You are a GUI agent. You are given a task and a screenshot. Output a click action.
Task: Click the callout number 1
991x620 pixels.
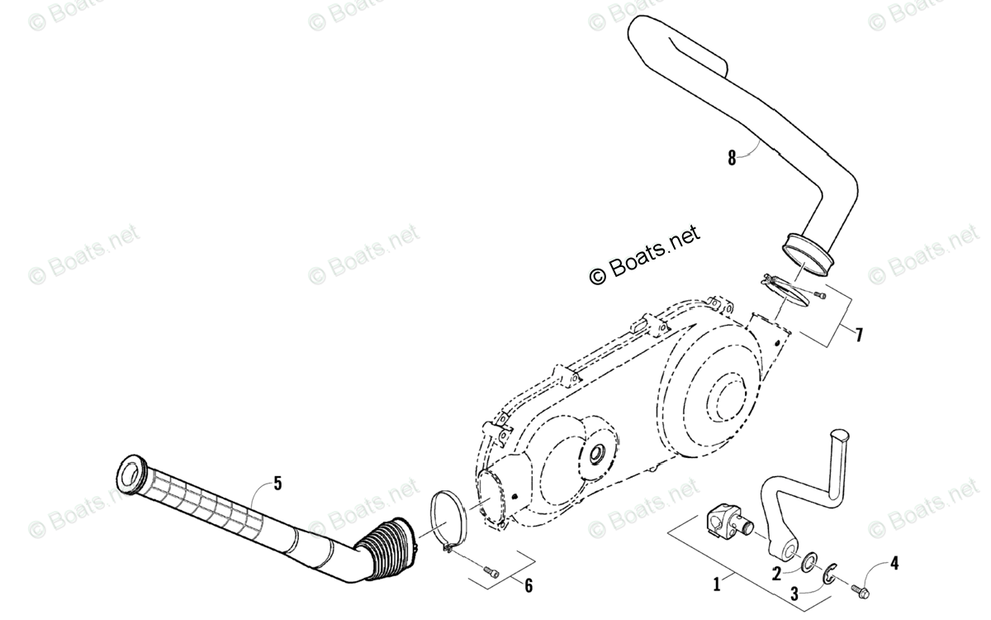(x=716, y=584)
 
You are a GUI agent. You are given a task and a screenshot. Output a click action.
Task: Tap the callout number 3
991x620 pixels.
(x=794, y=593)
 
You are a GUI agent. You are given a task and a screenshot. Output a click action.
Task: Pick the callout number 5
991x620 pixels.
(x=277, y=484)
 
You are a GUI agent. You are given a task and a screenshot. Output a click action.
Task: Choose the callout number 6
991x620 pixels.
(x=529, y=585)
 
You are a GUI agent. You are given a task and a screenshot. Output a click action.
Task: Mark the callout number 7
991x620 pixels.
(x=859, y=335)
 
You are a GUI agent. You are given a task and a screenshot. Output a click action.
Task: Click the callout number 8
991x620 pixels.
(x=732, y=157)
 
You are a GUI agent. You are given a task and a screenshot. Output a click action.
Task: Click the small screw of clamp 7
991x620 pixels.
(x=820, y=293)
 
